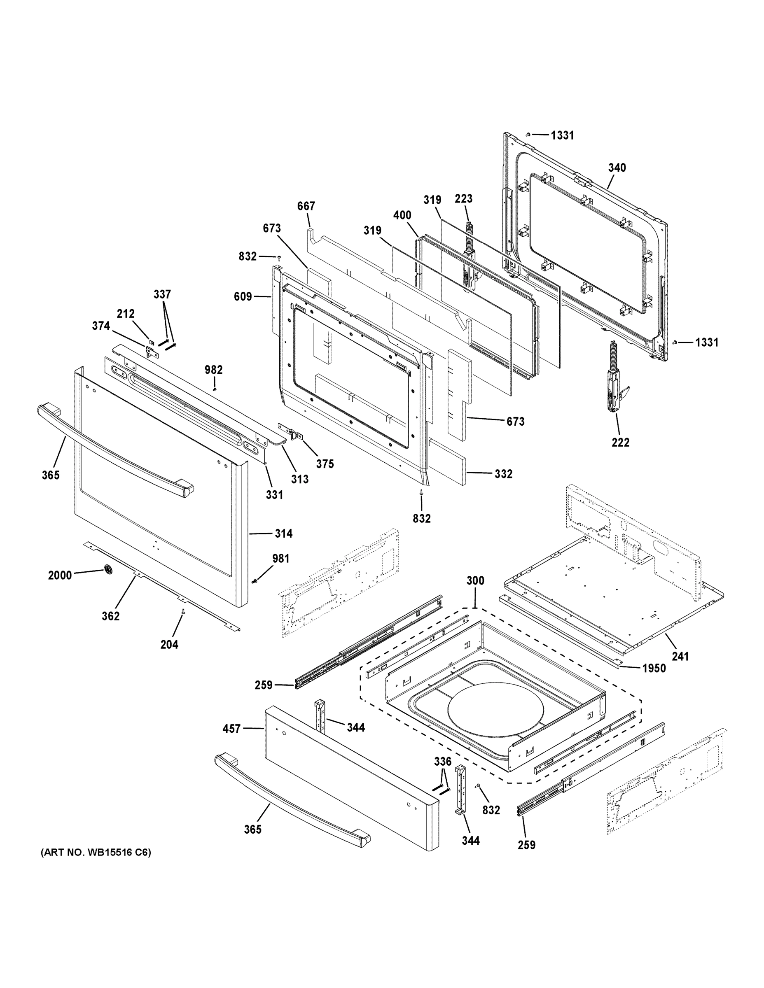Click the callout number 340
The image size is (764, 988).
coord(617,168)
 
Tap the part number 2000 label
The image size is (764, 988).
coord(60,575)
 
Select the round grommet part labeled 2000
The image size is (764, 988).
coord(108,571)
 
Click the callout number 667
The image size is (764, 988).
coord(306,206)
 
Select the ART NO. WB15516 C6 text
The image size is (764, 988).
coord(96,852)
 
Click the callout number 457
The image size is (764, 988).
coord(231,729)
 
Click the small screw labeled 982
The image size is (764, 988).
coord(215,389)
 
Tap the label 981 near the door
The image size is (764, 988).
coord(280,559)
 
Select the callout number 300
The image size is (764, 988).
coord(475,580)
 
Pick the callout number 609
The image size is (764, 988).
coord(243,296)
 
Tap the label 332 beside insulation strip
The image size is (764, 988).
coord(503,474)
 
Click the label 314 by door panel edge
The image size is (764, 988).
coord(283,534)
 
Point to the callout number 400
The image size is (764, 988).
coord(402,215)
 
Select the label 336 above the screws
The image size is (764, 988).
coord(443,761)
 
